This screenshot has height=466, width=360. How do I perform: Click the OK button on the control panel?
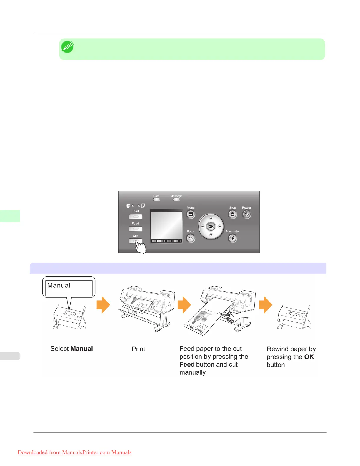tap(211, 227)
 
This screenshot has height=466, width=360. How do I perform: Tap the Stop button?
tap(232, 214)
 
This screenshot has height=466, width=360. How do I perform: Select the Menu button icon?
tap(191, 214)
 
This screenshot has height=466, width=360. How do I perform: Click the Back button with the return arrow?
tap(191, 238)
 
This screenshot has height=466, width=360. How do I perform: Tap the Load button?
tap(135, 217)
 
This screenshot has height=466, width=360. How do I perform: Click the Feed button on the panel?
tap(135, 229)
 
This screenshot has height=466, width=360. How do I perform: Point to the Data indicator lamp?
tap(156, 199)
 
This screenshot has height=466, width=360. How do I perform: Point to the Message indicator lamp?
tap(176, 199)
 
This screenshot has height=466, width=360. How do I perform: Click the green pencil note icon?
tap(67, 47)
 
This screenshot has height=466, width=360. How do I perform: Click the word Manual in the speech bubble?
tap(59, 285)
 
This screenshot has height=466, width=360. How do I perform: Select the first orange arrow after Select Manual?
tap(103, 304)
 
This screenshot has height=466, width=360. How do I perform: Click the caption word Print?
tap(138, 349)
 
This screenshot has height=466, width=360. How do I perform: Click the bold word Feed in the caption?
tap(187, 365)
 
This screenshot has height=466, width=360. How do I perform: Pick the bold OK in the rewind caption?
tap(309, 357)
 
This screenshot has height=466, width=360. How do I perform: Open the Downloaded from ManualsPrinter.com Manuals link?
tap(74, 452)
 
